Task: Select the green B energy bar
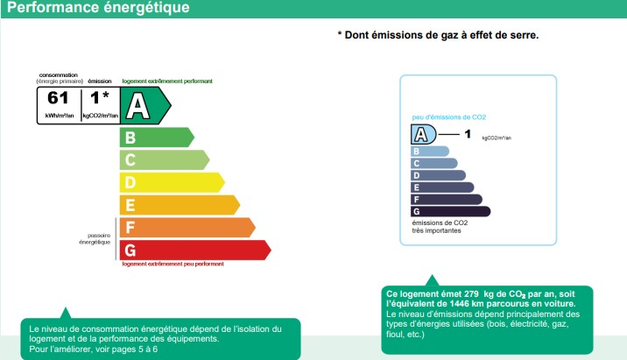click(x=157, y=138)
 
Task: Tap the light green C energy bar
click(x=165, y=160)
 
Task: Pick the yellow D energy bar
click(x=172, y=182)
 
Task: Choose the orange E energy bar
click(x=180, y=205)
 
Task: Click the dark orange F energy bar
click(x=187, y=228)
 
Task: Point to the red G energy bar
click(x=195, y=250)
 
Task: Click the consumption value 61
click(x=58, y=98)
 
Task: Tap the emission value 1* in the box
click(x=100, y=97)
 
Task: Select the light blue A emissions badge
click(x=424, y=134)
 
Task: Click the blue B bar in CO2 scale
click(x=430, y=152)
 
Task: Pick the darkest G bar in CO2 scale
click(x=451, y=212)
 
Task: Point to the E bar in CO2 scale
click(x=442, y=187)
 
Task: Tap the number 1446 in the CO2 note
click(x=459, y=304)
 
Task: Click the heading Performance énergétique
click(x=98, y=7)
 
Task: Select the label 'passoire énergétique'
click(x=95, y=239)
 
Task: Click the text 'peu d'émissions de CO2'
click(x=449, y=117)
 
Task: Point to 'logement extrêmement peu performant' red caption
click(x=173, y=264)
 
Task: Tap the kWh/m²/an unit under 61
click(x=60, y=116)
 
